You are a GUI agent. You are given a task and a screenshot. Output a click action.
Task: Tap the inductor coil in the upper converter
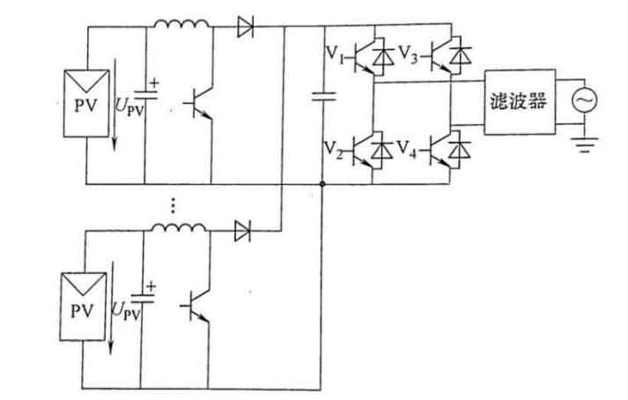click(181, 24)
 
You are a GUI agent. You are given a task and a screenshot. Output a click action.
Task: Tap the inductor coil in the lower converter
click(179, 227)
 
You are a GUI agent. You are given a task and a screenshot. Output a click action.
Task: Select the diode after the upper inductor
click(245, 26)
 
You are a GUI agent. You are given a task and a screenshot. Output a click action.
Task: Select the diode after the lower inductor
click(242, 231)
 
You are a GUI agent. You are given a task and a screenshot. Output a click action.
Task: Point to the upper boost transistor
click(199, 104)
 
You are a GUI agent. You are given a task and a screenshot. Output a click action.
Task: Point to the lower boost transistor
click(196, 307)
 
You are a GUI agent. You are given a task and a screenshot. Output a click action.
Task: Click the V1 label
click(334, 54)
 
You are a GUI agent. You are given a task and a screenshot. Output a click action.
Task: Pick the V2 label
click(333, 151)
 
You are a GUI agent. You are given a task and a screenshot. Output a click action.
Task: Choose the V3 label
click(408, 54)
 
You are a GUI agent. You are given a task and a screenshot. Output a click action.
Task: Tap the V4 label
click(407, 151)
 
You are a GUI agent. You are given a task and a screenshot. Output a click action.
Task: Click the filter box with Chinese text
click(520, 102)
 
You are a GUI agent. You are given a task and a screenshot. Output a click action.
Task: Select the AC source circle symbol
click(584, 100)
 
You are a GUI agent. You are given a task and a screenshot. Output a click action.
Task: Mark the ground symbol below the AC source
click(585, 145)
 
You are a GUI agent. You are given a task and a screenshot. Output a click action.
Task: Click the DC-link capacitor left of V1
click(323, 96)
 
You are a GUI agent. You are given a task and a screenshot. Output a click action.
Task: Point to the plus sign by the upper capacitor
click(154, 83)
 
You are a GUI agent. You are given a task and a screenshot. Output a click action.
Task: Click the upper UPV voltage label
click(129, 107)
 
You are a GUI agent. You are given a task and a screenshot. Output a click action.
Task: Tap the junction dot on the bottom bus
click(322, 184)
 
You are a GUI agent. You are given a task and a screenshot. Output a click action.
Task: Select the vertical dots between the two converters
click(173, 204)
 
